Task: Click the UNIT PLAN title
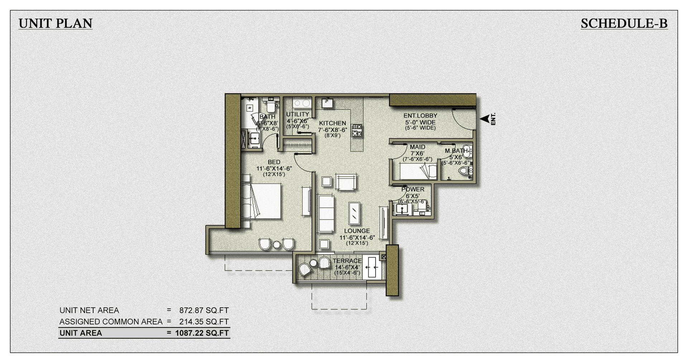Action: pyautogui.click(x=56, y=24)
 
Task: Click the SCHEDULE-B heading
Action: pyautogui.click(x=624, y=24)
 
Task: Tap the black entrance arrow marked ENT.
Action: pyautogui.click(x=485, y=119)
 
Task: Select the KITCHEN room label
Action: pyautogui.click(x=333, y=123)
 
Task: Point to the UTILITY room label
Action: pyautogui.click(x=297, y=114)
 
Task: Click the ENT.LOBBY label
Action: pyautogui.click(x=420, y=116)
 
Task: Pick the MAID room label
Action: pyautogui.click(x=417, y=147)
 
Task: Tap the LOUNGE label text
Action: pyautogui.click(x=357, y=231)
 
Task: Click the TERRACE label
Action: pyautogui.click(x=347, y=261)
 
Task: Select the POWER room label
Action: pyautogui.click(x=413, y=189)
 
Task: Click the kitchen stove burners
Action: pyautogui.click(x=357, y=130)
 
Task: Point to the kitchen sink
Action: pyautogui.click(x=327, y=103)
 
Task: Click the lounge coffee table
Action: pyautogui.click(x=354, y=213)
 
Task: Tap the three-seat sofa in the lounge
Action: pyautogui.click(x=326, y=214)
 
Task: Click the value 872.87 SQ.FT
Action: pyautogui.click(x=204, y=311)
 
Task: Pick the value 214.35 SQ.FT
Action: pyautogui.click(x=204, y=322)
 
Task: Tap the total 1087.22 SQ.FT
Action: pyautogui.click(x=202, y=333)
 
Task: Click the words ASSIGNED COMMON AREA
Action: pyautogui.click(x=111, y=322)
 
